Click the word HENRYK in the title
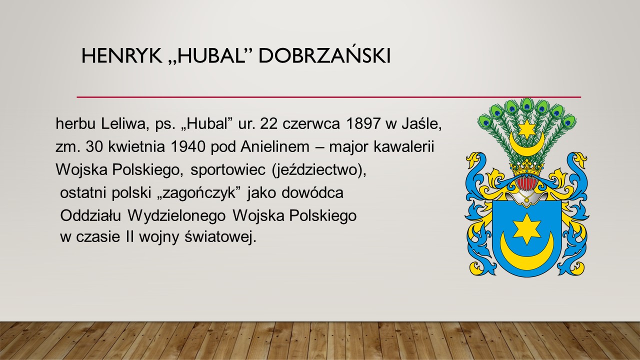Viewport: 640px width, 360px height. point(121,56)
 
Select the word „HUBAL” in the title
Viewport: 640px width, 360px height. point(210,56)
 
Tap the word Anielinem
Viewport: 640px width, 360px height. point(275,147)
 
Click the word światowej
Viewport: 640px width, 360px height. point(220,237)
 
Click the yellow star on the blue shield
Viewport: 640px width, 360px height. point(527,229)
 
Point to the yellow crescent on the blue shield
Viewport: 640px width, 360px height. point(527,255)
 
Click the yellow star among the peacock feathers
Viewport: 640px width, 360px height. point(525,129)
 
